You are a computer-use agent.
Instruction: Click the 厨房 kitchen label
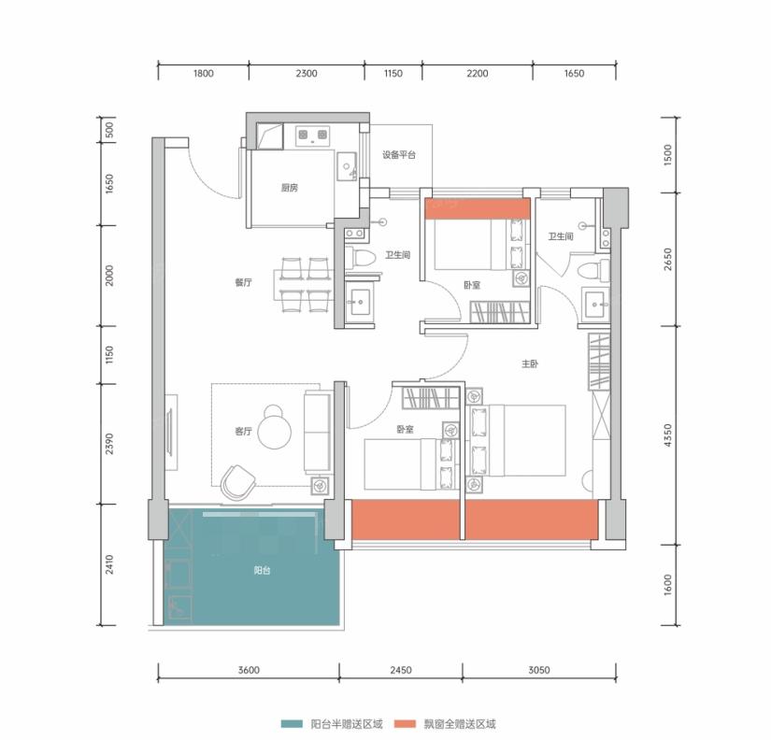(289, 188)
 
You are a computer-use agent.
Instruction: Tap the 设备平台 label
(399, 155)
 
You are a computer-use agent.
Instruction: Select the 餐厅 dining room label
(243, 282)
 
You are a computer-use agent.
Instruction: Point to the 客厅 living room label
(243, 432)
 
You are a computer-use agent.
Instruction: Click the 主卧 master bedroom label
(530, 363)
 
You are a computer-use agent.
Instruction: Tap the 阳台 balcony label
(262, 571)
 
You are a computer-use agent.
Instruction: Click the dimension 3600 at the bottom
(249, 670)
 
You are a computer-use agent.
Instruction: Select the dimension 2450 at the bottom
(401, 670)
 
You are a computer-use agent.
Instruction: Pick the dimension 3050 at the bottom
(539, 670)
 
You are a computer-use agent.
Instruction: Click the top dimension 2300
(307, 73)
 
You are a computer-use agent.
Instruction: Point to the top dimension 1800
(203, 73)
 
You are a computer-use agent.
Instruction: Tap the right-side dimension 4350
(667, 435)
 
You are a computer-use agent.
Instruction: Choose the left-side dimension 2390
(109, 444)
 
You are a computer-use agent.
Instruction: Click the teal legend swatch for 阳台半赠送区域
(292, 724)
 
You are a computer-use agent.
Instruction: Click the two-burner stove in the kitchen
(313, 135)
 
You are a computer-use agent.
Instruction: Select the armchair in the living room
(237, 481)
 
